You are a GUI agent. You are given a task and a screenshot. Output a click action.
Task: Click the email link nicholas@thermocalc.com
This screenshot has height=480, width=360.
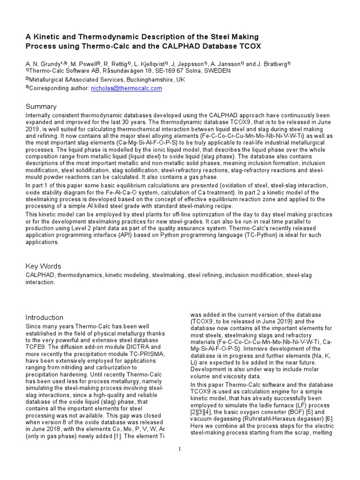point(126,88)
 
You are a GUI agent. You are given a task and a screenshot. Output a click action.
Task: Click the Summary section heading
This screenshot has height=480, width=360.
point(41,106)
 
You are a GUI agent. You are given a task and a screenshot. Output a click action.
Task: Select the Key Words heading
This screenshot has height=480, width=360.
point(43,266)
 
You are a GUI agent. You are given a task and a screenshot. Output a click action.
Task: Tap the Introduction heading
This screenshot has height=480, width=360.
point(45,317)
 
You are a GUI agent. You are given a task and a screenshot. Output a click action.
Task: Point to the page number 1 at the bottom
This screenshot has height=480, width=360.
point(180,450)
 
